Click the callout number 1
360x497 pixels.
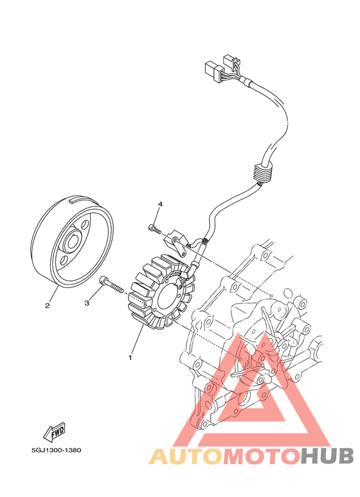click(x=130, y=357)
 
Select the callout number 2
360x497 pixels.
click(x=47, y=305)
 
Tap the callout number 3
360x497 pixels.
click(x=87, y=303)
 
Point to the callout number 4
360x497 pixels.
click(x=160, y=204)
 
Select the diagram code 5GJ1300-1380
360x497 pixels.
click(x=56, y=450)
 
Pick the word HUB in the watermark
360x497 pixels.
click(x=327, y=456)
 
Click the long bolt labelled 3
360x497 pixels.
click(x=111, y=285)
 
